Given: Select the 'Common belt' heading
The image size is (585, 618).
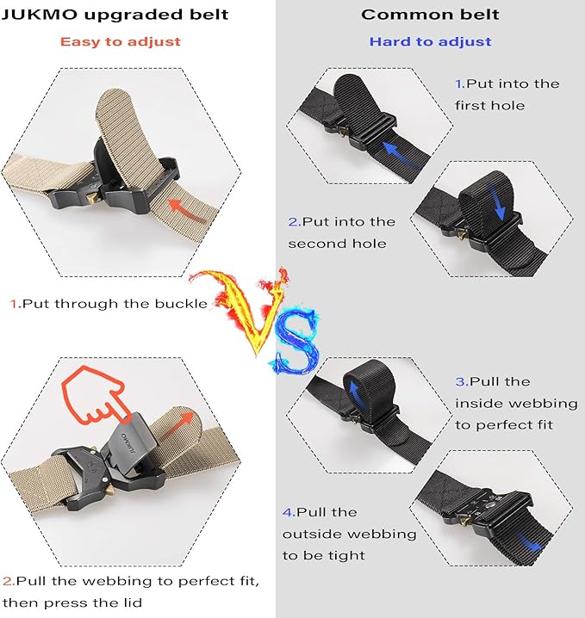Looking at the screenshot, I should click(430, 15).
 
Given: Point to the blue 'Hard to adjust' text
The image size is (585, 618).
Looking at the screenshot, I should click(430, 41).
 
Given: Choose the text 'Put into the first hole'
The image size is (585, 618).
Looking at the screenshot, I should click(507, 94).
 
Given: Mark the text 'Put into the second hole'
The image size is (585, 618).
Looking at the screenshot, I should click(342, 232).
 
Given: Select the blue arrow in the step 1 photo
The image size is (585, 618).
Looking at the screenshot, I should click(404, 156).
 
